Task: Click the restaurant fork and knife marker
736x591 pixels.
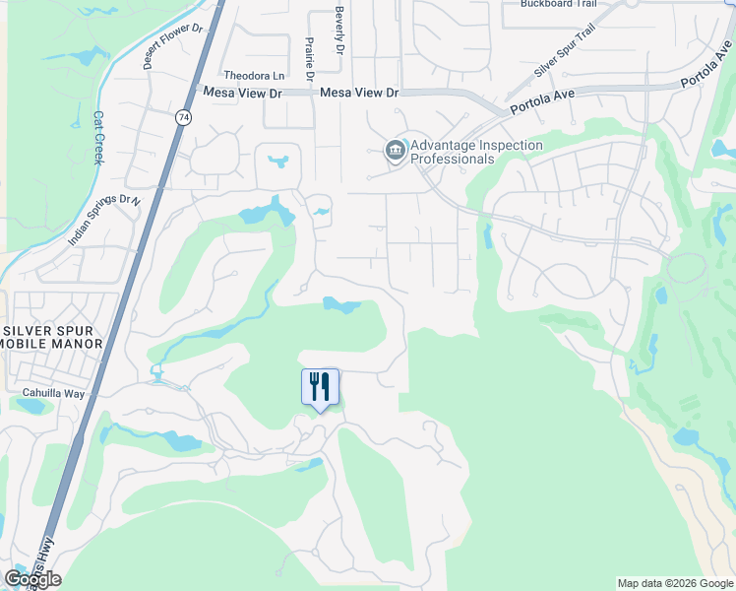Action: (x=320, y=386)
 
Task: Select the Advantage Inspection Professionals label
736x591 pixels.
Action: (x=476, y=152)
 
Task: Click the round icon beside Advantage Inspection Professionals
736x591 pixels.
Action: (x=395, y=151)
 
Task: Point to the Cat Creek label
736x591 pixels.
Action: (x=97, y=137)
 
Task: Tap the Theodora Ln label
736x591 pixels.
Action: (x=254, y=75)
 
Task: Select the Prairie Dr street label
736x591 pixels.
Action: (x=309, y=60)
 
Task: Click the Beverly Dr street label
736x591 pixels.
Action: (x=338, y=33)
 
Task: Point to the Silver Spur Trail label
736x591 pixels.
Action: (x=565, y=51)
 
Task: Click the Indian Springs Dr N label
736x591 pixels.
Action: (x=104, y=220)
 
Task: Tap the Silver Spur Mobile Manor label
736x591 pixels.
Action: (x=53, y=336)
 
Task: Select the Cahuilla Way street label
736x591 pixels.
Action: (x=49, y=391)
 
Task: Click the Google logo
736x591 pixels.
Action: (x=32, y=579)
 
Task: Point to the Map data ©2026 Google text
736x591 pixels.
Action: (x=674, y=583)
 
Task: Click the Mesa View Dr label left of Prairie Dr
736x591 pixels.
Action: (x=242, y=92)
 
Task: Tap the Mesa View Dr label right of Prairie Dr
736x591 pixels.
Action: (x=359, y=92)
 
